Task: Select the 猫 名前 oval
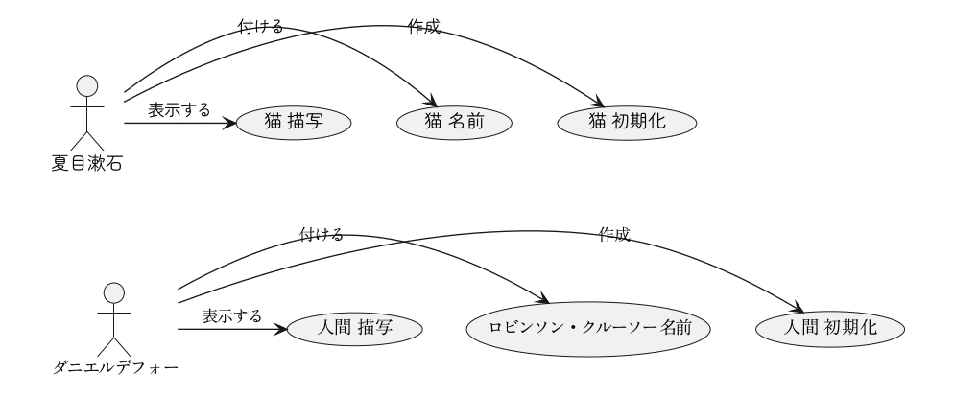click(452, 123)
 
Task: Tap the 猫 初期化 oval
click(626, 123)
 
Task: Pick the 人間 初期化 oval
click(831, 328)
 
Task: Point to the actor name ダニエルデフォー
click(114, 365)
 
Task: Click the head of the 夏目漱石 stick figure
click(87, 85)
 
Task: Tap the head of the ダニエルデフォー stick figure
click(114, 291)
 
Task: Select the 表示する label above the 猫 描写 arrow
click(179, 109)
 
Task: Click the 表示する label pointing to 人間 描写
click(231, 315)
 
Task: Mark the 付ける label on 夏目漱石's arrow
click(259, 27)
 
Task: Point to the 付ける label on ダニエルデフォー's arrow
click(321, 234)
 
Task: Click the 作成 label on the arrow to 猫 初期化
click(424, 27)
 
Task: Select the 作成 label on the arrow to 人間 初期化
click(614, 234)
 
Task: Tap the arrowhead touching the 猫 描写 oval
click(230, 123)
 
